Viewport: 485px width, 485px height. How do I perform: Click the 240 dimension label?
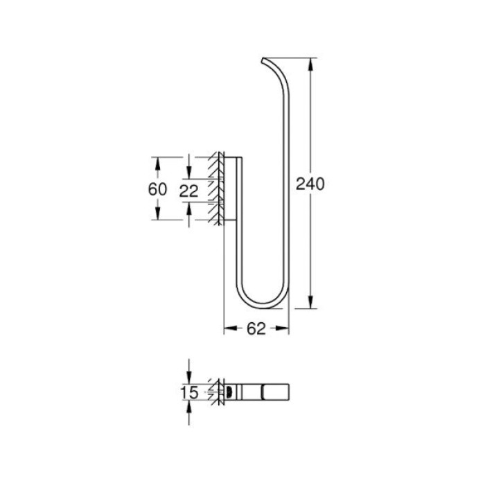pyautogui.click(x=310, y=184)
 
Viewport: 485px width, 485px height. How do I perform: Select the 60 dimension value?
pyautogui.click(x=157, y=188)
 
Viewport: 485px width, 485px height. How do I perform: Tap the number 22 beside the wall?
pyautogui.click(x=188, y=192)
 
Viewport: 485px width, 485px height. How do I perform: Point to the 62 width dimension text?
pyautogui.click(x=256, y=330)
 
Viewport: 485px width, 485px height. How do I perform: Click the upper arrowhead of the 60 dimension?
pyautogui.click(x=158, y=162)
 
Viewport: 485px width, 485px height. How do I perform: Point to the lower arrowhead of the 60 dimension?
pyautogui.click(x=158, y=214)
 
